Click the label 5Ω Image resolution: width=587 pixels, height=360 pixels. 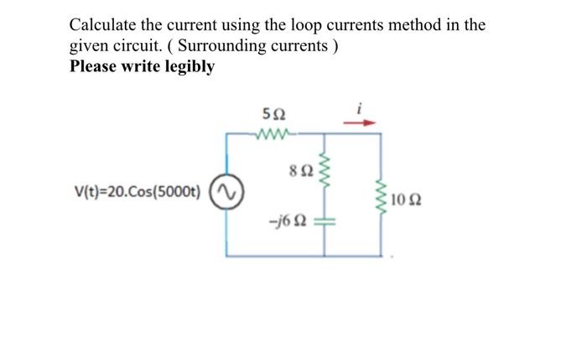[x=273, y=114]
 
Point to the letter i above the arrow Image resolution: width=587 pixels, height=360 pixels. [x=361, y=107]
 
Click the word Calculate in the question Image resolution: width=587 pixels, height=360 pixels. [x=103, y=24]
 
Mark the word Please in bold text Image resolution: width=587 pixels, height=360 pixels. [x=93, y=66]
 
